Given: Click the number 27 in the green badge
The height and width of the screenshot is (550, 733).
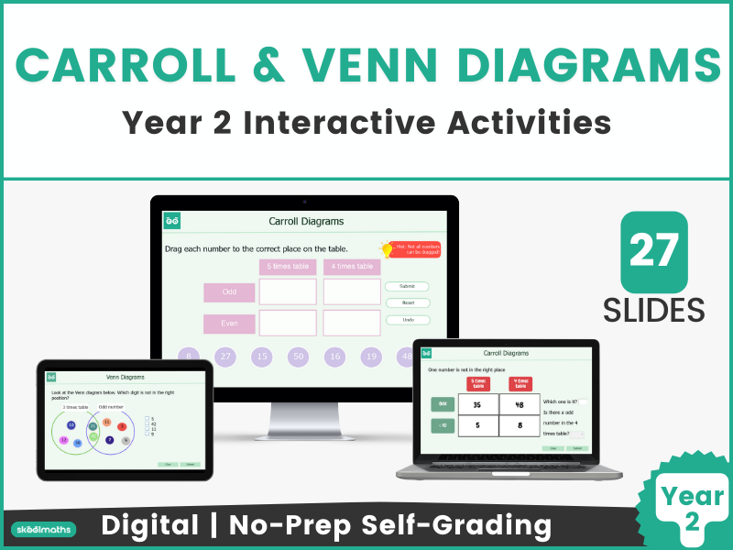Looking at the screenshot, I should [654, 249].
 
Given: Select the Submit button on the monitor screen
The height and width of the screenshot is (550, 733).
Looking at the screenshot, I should [407, 287].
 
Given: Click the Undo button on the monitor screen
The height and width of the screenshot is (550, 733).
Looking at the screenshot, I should [407, 320].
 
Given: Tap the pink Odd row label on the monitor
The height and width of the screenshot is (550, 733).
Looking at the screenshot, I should [229, 291].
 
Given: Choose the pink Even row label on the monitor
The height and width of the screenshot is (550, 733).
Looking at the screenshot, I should [229, 324].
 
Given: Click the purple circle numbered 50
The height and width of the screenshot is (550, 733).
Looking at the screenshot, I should [298, 357].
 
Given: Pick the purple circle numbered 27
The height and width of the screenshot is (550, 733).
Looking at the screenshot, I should [225, 357].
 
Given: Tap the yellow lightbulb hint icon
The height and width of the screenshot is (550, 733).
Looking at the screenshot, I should [386, 248].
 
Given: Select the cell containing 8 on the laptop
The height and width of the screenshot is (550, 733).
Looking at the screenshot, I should [519, 425].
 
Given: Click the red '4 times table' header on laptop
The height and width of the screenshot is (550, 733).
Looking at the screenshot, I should [519, 384].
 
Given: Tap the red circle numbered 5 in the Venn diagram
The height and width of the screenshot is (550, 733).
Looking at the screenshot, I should [122, 426].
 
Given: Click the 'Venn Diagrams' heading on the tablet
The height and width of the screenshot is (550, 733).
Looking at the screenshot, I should [125, 376].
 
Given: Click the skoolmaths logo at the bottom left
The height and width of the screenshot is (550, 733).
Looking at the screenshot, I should [43, 529].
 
